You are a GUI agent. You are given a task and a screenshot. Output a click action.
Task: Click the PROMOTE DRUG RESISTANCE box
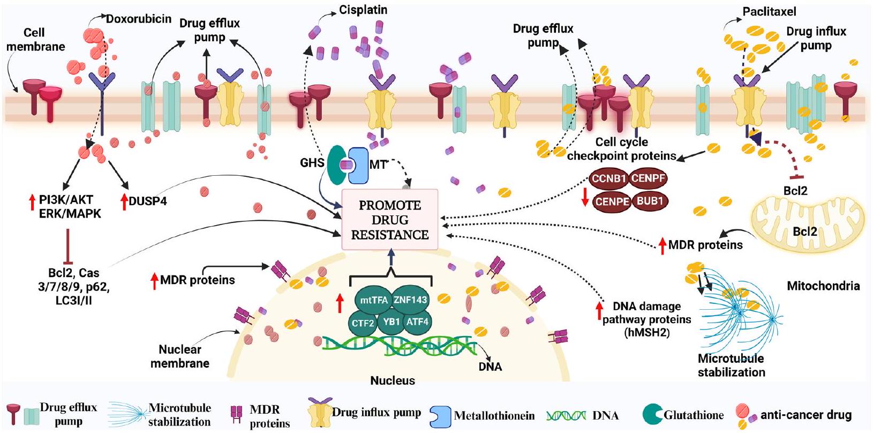[390, 220]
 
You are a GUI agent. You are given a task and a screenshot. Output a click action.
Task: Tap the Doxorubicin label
[138, 19]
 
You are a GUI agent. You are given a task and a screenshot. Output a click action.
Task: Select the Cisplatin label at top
[363, 10]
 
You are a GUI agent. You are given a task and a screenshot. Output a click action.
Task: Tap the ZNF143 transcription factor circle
[410, 300]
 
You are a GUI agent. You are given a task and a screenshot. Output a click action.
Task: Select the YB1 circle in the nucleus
[392, 323]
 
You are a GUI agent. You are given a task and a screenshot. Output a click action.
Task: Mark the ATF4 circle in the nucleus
[417, 323]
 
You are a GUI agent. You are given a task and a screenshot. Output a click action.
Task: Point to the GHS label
[313, 162]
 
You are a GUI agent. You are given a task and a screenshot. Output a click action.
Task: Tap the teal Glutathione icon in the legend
[652, 415]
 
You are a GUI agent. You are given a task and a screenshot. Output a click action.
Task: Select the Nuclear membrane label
[180, 356]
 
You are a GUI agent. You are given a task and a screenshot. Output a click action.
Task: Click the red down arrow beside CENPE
[585, 197]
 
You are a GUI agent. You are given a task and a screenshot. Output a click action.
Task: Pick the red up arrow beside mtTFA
[339, 303]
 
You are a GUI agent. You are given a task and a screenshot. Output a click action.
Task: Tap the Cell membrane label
[35, 40]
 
